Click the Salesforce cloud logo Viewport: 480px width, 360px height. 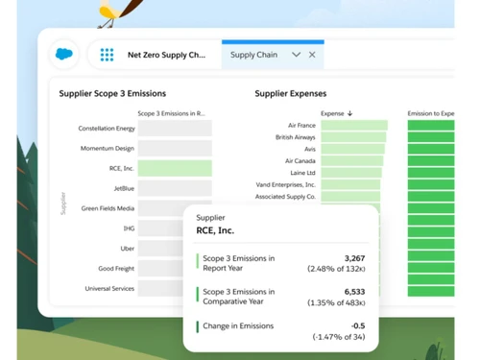pos(65,55)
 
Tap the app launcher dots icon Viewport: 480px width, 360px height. pos(107,56)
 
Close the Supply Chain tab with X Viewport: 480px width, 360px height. pos(312,56)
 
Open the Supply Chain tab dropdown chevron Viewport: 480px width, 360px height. pos(296,56)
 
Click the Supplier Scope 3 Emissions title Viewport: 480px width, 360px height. pos(112,94)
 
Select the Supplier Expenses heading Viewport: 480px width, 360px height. pos(290,94)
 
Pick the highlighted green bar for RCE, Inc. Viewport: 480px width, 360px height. pos(175,168)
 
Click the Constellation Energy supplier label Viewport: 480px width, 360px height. pos(107,128)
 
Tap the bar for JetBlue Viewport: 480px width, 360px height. pos(175,188)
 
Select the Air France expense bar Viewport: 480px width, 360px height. pos(354,126)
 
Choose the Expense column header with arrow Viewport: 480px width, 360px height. pos(336,113)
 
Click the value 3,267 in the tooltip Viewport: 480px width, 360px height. pos(354,258)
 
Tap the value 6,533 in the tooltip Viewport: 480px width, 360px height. pos(354,292)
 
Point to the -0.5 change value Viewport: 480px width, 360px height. pos(357,325)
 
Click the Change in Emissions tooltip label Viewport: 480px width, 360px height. pos(238,326)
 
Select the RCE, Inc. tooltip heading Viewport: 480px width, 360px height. pos(215,231)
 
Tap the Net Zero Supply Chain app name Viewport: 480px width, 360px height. pos(166,56)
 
